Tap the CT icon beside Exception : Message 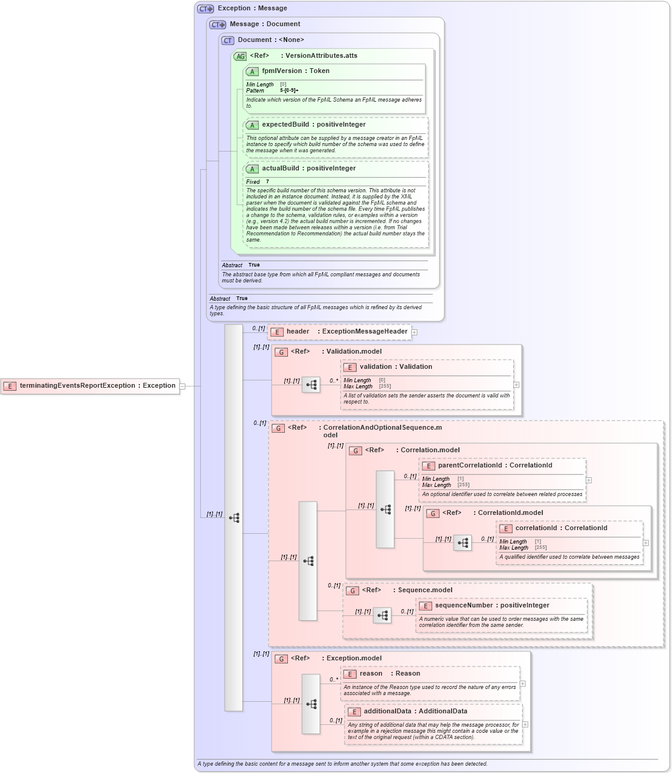pyautogui.click(x=205, y=9)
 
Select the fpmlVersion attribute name pyautogui.click(x=281, y=71)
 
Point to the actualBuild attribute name pyautogui.click(x=281, y=169)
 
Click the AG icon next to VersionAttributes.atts pyautogui.click(x=240, y=56)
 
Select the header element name pyautogui.click(x=298, y=332)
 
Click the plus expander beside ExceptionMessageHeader pyautogui.click(x=415, y=332)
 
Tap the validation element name pyautogui.click(x=376, y=367)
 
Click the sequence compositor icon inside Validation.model pyautogui.click(x=311, y=385)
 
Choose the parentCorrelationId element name pyautogui.click(x=470, y=466)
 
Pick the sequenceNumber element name pyautogui.click(x=463, y=606)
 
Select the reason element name pyautogui.click(x=371, y=674)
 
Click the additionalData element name pyautogui.click(x=387, y=712)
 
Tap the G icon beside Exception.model pyautogui.click(x=281, y=659)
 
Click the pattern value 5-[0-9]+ pyautogui.click(x=289, y=91)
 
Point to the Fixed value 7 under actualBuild pyautogui.click(x=267, y=182)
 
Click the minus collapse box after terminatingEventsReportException pyautogui.click(x=182, y=386)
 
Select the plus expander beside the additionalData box pyautogui.click(x=525, y=724)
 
